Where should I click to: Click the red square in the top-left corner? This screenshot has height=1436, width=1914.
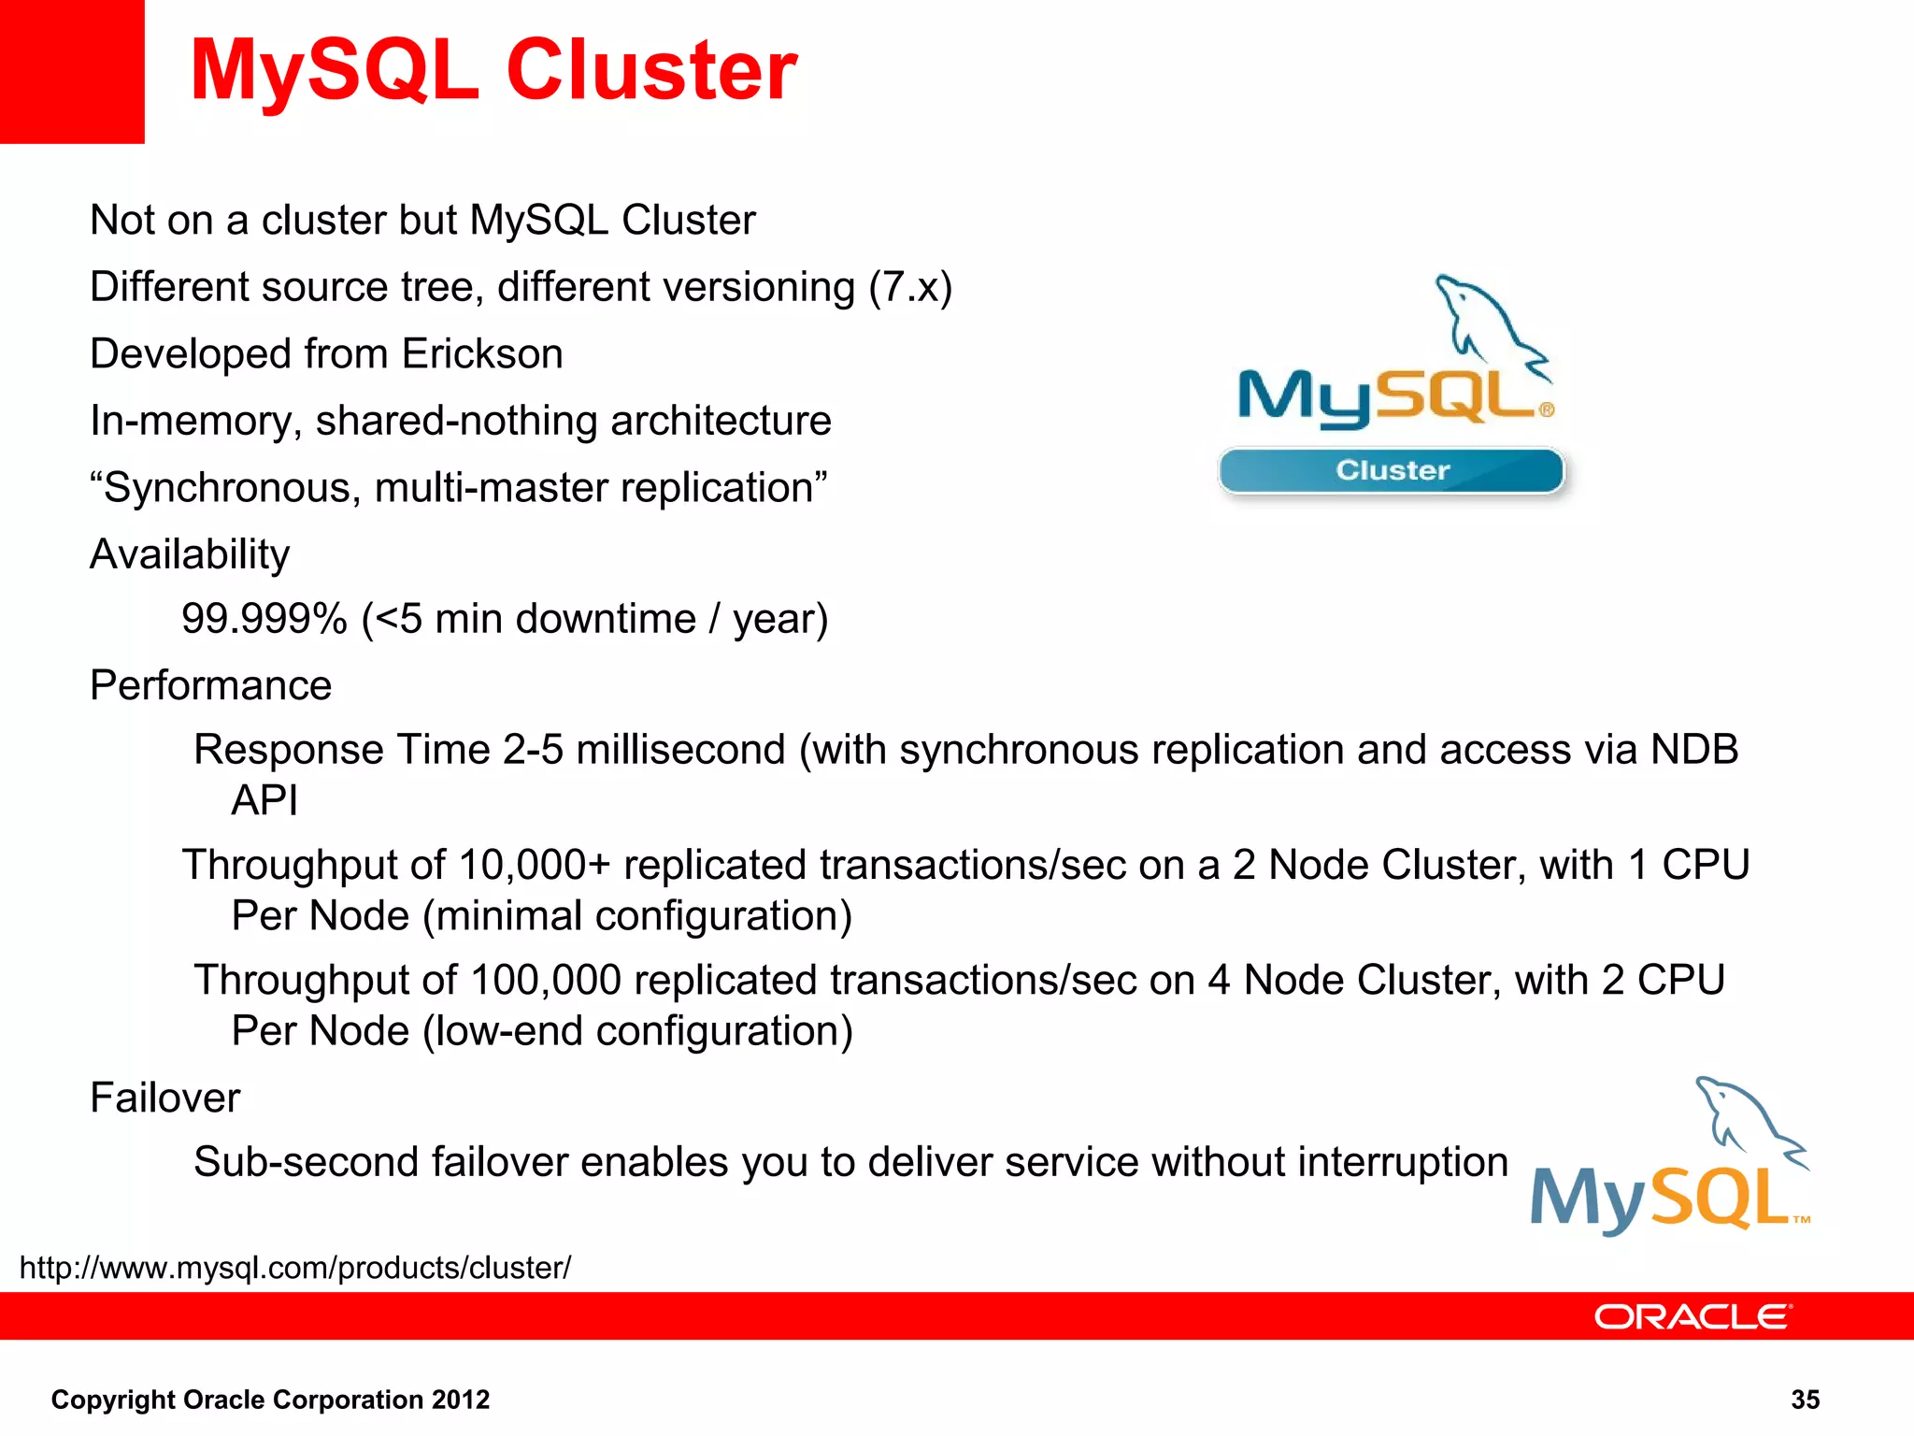71,71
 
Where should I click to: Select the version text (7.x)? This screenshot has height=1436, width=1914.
910,287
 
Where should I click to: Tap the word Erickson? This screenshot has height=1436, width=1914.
482,354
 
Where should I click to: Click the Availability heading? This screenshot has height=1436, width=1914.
190,554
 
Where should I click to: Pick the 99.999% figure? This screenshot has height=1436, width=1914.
264,619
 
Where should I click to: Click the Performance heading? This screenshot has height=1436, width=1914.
211,685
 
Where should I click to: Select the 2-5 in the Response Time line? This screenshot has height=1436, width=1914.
533,750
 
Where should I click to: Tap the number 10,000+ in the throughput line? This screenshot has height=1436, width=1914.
535,865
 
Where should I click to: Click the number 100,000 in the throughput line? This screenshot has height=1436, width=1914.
546,981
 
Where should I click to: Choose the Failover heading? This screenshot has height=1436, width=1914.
165,1098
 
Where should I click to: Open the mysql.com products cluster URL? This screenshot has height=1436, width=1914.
295,1268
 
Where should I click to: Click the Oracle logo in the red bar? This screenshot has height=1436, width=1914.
1692,1316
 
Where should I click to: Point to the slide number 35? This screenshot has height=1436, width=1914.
1805,1400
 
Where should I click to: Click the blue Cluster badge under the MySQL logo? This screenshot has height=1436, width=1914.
1392,470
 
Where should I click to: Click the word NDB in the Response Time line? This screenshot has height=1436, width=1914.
1693,750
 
